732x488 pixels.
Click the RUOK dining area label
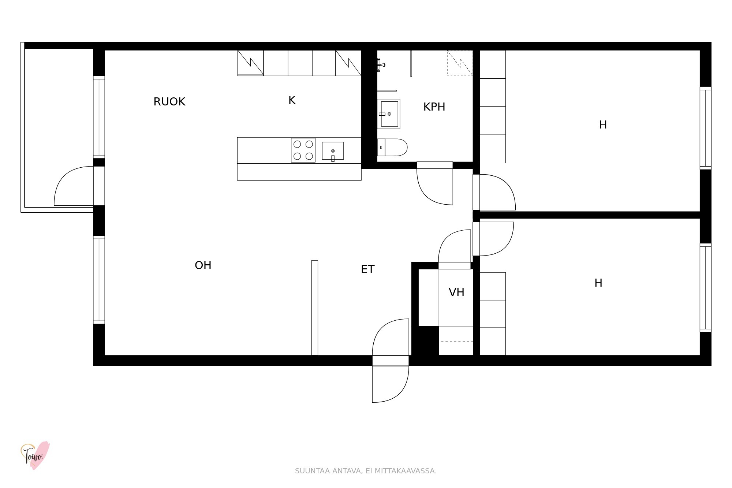[169, 101]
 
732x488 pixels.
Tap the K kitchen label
[292, 100]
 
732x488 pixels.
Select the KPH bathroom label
[434, 107]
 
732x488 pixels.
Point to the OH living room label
[203, 265]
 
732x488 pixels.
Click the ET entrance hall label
[367, 269]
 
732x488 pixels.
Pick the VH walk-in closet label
[456, 292]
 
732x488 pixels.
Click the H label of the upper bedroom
[603, 125]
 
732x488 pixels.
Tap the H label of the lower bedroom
[598, 283]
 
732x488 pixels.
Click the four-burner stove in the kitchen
[303, 150]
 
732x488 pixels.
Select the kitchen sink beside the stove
[333, 151]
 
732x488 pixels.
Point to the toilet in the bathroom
[392, 147]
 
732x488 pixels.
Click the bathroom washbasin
[389, 114]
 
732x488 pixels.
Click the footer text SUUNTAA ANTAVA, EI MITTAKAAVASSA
[366, 471]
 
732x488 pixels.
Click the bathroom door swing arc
[425, 194]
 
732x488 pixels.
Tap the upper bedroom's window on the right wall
[706, 128]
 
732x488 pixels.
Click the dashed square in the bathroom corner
[460, 63]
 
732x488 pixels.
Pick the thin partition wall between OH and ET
[314, 308]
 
